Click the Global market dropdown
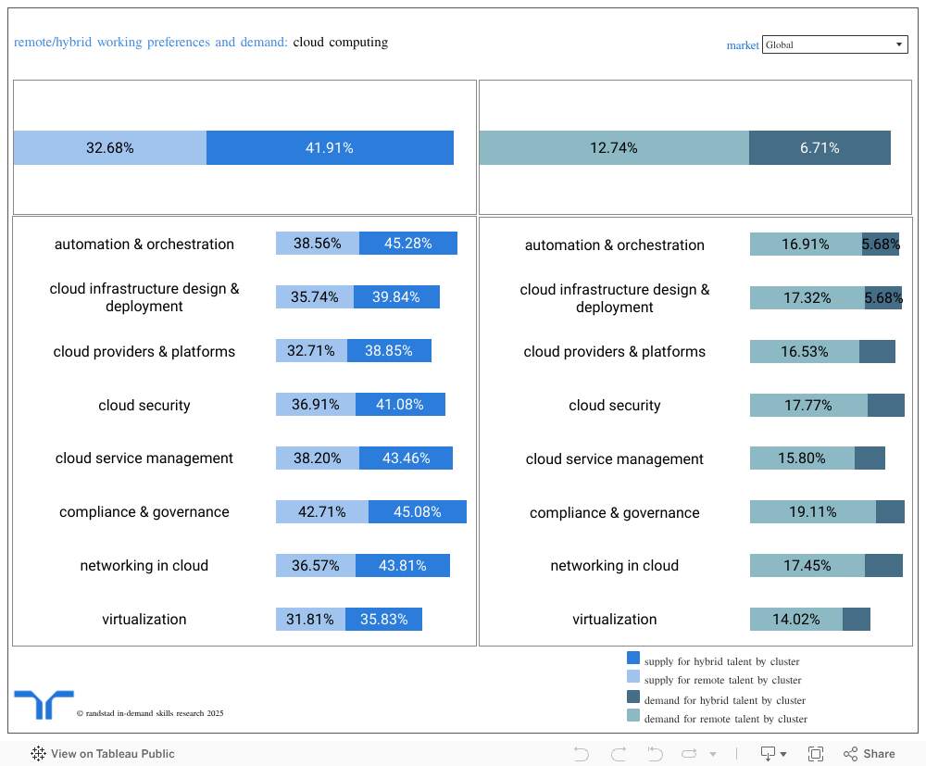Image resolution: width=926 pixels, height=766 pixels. [x=833, y=44]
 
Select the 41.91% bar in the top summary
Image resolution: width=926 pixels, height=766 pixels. [x=330, y=148]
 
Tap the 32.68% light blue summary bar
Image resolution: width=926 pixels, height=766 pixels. [x=109, y=148]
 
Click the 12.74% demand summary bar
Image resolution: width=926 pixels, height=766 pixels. [x=613, y=148]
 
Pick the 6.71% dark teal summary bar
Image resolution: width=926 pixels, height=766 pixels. [x=820, y=148]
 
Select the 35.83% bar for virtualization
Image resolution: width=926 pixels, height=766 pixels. [x=383, y=620]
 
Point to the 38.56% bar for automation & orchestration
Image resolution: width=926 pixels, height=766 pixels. [x=317, y=244]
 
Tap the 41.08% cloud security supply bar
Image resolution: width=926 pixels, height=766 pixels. [x=399, y=405]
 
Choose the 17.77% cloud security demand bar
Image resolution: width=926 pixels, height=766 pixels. [x=807, y=406]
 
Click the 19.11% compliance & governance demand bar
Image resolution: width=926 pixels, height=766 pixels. [x=812, y=512]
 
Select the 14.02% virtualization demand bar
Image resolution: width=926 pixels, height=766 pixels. [x=795, y=620]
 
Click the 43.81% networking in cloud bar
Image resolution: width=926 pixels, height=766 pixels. [x=402, y=566]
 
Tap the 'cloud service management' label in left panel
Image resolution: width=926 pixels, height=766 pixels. [x=144, y=458]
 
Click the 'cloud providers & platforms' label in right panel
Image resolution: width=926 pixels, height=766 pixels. [x=614, y=352]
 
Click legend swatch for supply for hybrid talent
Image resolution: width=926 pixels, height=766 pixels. [x=633, y=659]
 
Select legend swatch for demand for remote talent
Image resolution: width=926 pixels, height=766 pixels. [x=633, y=716]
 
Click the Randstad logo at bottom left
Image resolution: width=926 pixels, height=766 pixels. [x=44, y=705]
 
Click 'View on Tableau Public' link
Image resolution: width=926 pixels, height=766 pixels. [x=103, y=754]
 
